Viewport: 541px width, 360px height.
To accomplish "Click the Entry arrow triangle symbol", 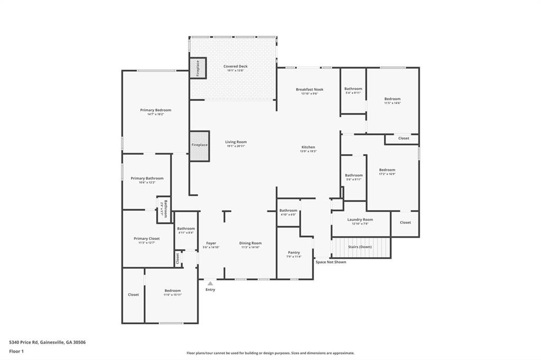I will [x=210, y=283].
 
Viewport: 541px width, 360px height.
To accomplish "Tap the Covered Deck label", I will [x=235, y=67].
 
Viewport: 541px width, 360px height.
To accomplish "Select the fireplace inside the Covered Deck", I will [x=198, y=69].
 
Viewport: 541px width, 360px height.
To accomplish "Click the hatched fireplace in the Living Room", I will [x=200, y=145].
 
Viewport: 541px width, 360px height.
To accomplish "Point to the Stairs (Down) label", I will [x=360, y=247].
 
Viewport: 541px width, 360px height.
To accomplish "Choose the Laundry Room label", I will [x=360, y=220].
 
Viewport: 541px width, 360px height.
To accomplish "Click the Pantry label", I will [x=294, y=252].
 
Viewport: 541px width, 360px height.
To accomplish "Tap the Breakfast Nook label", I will [x=309, y=89].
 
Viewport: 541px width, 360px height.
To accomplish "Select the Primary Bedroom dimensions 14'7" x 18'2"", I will [x=155, y=115].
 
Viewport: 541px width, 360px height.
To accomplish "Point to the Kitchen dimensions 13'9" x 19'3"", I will [x=309, y=151].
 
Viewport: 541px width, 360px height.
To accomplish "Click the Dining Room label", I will [x=250, y=243].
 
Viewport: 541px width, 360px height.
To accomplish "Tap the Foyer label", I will [x=211, y=243].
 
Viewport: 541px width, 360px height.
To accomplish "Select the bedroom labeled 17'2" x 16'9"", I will [x=387, y=170].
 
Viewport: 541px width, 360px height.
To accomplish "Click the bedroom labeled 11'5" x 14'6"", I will [x=392, y=99].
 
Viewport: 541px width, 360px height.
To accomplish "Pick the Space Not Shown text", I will [x=331, y=262].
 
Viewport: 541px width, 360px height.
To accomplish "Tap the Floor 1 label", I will [x=16, y=351].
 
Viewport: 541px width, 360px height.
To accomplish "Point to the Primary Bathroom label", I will [x=147, y=178].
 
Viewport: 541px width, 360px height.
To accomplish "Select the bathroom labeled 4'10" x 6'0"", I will [x=288, y=211].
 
